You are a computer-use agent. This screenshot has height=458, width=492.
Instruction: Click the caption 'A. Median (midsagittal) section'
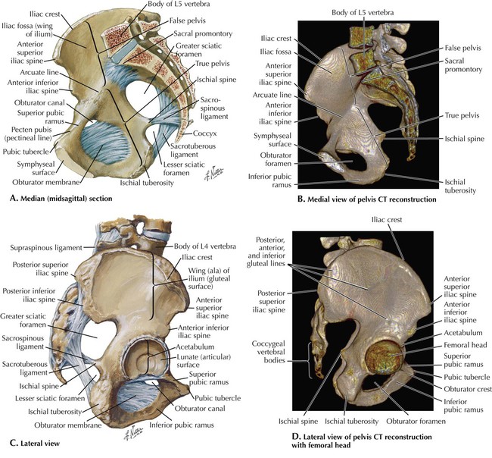(x=70, y=199)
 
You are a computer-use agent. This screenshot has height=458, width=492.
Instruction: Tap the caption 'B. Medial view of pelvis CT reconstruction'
(x=369, y=199)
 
